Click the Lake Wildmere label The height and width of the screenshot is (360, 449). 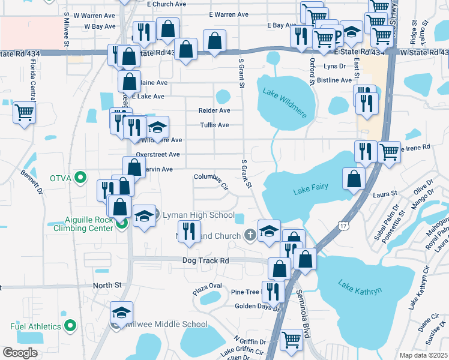coord(285,94)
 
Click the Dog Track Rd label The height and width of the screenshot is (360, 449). coord(206,261)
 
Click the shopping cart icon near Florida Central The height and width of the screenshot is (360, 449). coord(25,112)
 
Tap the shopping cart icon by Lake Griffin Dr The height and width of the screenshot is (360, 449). coord(292,339)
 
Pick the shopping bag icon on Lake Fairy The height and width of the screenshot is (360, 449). coord(354,178)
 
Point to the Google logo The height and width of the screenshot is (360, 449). coord(20,353)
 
